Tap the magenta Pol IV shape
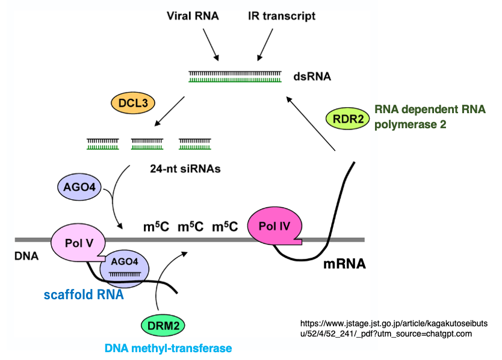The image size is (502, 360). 273,227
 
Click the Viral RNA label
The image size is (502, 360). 193,16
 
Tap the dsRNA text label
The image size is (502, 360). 312,77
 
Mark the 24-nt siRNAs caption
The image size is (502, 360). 185,169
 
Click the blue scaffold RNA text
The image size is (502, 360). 84,295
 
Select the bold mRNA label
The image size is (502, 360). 344,264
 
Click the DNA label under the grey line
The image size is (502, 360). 26,256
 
